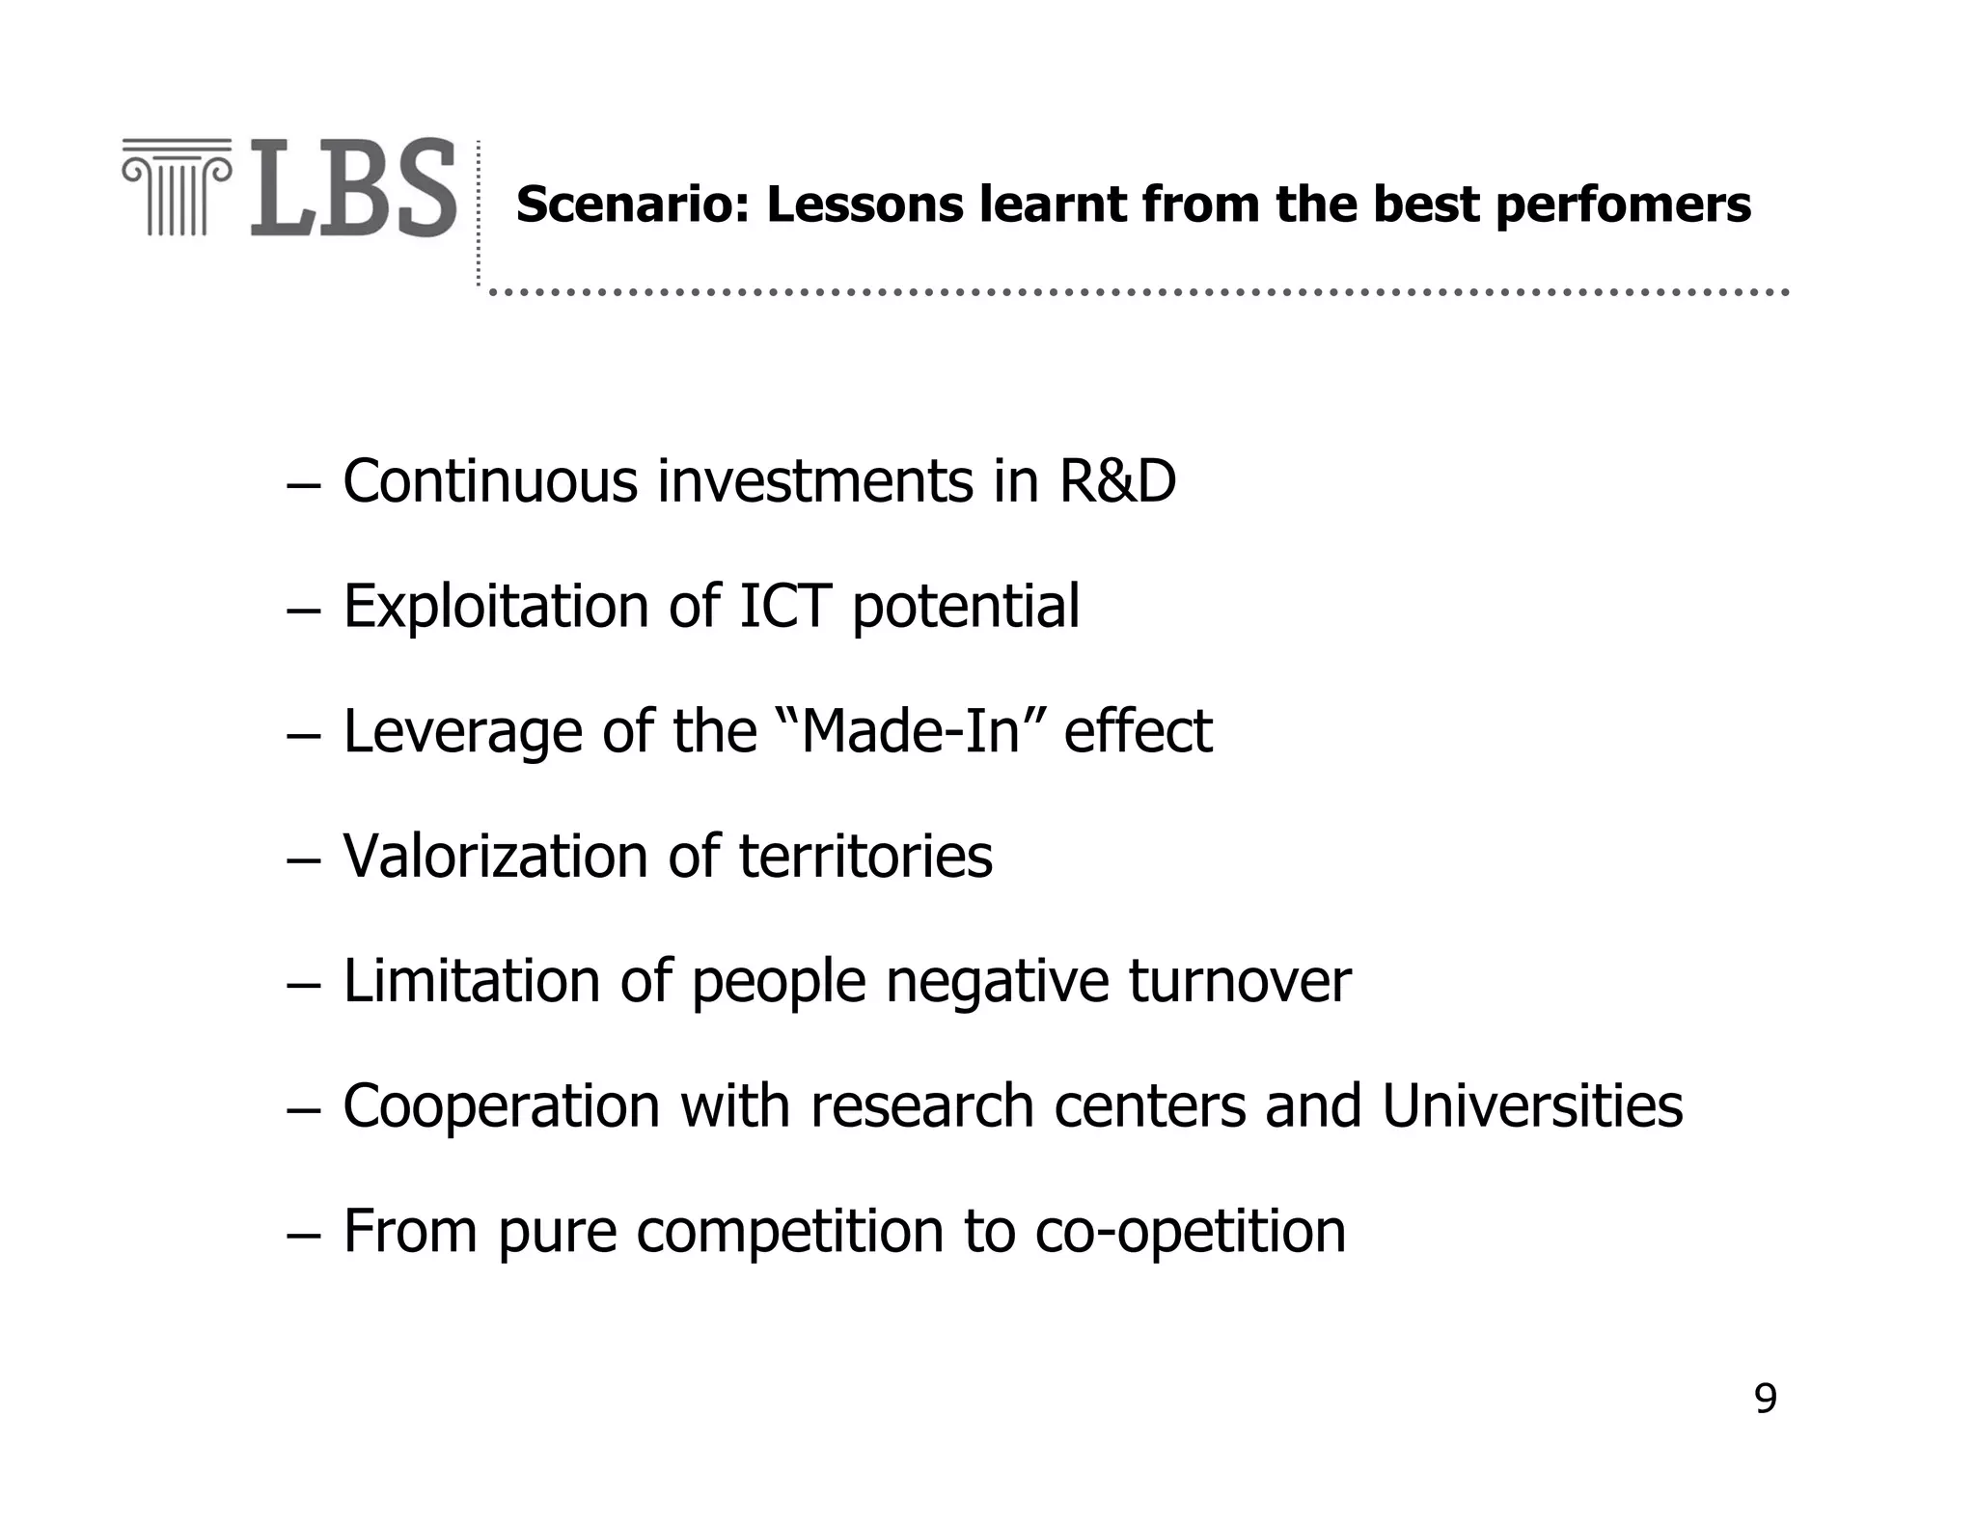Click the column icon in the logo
(178, 187)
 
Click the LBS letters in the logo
(353, 189)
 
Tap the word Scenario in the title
(632, 204)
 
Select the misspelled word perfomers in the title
(1623, 206)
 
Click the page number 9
(1765, 1399)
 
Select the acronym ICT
(783, 606)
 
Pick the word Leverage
(462, 732)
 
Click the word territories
(865, 856)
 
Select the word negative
(997, 983)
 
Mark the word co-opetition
(1190, 1232)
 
